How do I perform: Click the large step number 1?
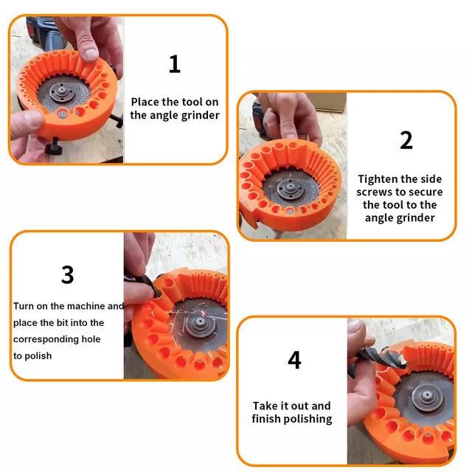tap(174, 64)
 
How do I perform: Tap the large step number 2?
tap(406, 140)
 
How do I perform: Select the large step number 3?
tap(67, 274)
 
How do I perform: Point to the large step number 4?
tap(294, 360)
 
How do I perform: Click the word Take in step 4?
tap(265, 406)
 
